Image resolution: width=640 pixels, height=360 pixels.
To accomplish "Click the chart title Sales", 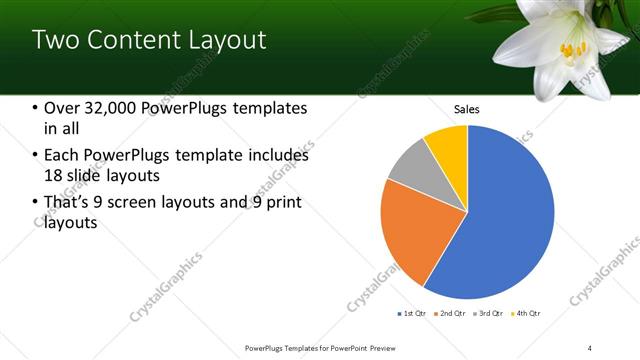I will tap(467, 108).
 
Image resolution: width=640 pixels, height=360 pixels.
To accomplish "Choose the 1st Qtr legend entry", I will tap(413, 314).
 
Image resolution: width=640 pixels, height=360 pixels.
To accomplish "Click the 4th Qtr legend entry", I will tap(528, 314).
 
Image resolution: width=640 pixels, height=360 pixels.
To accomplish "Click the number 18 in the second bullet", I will tap(54, 175).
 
